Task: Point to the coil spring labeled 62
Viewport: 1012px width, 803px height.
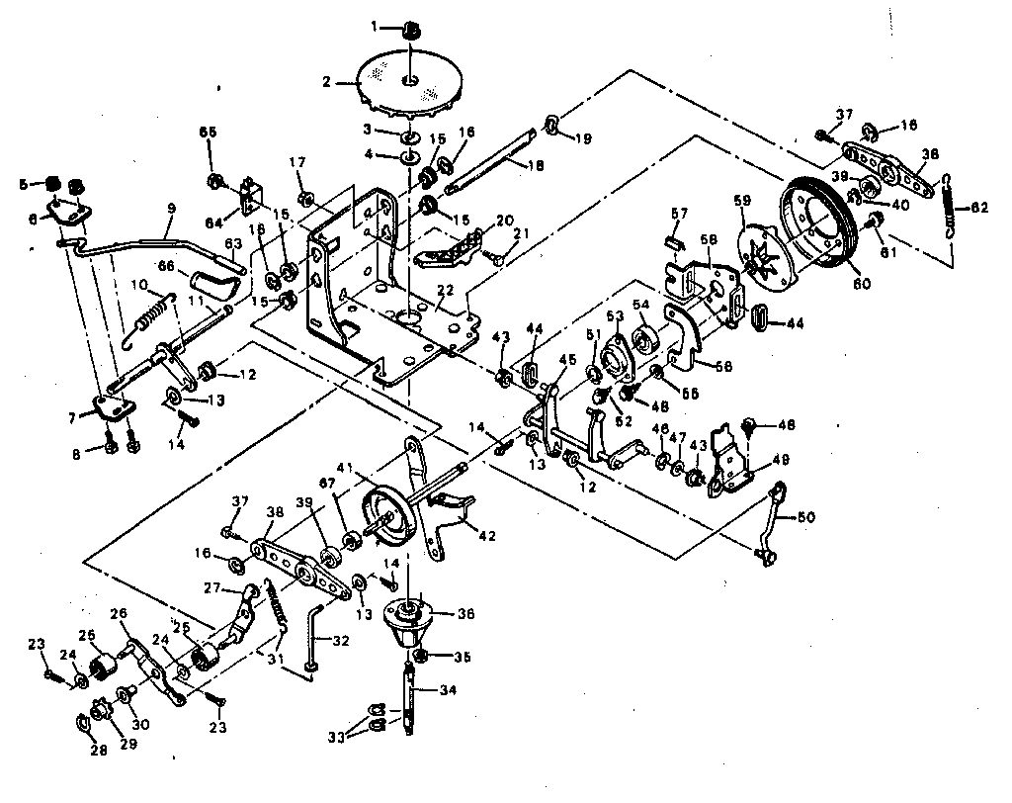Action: click(x=951, y=208)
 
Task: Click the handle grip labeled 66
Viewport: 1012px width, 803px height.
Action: click(x=217, y=287)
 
